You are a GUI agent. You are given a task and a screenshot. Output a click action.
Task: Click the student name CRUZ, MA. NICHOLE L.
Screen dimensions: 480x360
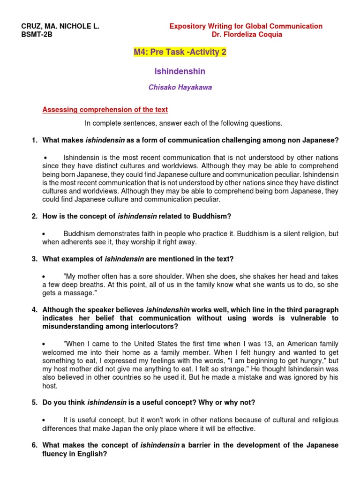pos(61,26)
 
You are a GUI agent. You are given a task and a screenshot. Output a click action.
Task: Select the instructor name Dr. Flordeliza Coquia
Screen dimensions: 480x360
pos(247,35)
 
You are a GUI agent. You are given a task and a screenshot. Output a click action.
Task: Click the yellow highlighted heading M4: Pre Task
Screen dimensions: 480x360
pos(180,52)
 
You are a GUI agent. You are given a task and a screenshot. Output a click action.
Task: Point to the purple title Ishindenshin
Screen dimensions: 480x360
pos(180,71)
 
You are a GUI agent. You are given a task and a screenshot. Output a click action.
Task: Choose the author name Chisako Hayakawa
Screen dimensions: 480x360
pos(180,88)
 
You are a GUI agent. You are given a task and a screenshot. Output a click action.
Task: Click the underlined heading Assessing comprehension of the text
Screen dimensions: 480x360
pos(105,110)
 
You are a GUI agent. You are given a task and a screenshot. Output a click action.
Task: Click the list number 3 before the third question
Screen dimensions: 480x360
pos(34,259)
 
